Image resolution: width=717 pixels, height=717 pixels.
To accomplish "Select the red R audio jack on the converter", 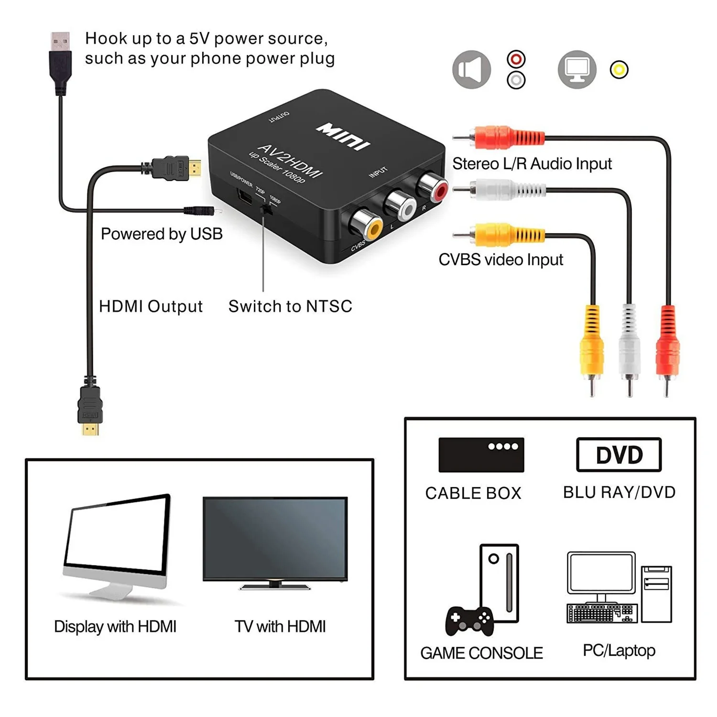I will click(x=434, y=187).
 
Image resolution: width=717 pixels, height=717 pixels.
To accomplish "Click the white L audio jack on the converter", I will click(x=402, y=205).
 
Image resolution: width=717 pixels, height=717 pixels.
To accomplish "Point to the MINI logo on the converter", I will click(x=343, y=136).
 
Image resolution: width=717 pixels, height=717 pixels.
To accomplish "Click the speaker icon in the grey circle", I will click(x=471, y=70).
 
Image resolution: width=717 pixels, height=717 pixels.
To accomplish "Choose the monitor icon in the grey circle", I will click(x=577, y=70).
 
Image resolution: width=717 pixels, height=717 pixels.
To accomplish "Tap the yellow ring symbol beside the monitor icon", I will click(x=619, y=70).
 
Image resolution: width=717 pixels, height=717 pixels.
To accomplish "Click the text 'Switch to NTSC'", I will click(x=290, y=306).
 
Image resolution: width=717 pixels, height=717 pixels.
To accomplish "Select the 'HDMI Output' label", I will click(x=151, y=306).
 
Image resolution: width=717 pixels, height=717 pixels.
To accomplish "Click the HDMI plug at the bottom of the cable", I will click(x=90, y=409).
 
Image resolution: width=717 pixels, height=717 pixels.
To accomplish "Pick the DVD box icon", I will click(x=619, y=455).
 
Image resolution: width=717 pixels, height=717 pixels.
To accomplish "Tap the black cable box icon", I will click(x=481, y=455).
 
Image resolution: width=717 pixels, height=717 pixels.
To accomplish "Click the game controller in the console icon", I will click(x=469, y=620).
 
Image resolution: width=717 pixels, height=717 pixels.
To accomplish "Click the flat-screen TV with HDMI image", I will click(x=275, y=540).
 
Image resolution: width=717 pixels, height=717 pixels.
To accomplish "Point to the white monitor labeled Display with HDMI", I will click(x=117, y=540).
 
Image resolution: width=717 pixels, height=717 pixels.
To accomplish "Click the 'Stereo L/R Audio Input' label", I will click(x=532, y=164).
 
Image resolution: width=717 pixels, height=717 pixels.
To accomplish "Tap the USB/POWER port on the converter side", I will click(x=245, y=196).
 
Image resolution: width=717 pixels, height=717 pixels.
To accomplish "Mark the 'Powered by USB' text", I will click(x=162, y=234).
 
